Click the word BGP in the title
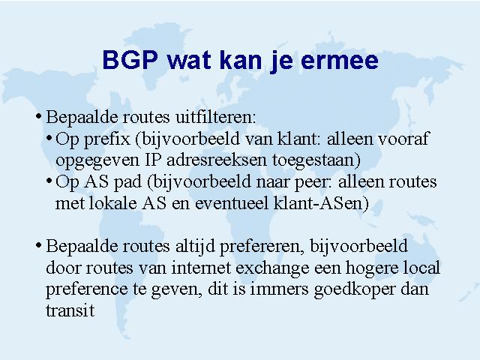tap(130, 59)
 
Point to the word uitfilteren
tap(215, 117)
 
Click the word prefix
tap(106, 139)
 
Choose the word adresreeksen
tap(217, 160)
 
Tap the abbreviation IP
tap(152, 160)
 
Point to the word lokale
tap(112, 203)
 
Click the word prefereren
tap(262, 247)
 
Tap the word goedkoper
tap(355, 289)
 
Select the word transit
tap(70, 310)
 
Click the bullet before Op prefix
tap(49, 138)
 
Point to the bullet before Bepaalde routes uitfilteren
tap(38, 116)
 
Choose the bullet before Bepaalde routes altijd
tap(38, 245)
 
